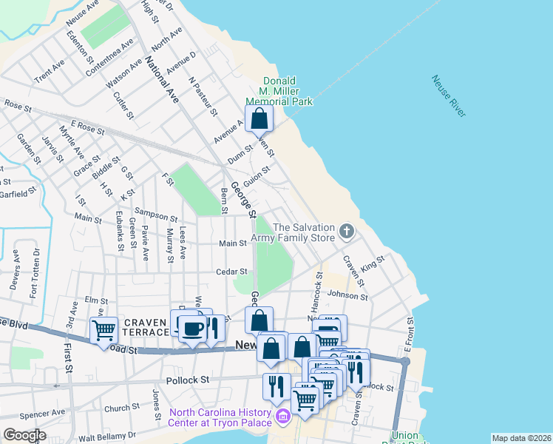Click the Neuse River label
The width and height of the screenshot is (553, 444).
point(448,96)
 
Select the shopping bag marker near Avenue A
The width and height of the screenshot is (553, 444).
point(259,118)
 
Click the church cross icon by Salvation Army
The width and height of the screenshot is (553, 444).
point(346,232)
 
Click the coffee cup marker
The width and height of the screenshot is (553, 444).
point(193,328)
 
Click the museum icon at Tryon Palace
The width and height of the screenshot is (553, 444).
point(282,419)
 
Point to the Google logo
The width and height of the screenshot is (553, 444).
point(24,435)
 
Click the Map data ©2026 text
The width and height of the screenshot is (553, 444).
point(521,438)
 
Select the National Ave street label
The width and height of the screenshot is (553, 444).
point(163,79)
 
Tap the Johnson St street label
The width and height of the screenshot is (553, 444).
point(347,295)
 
